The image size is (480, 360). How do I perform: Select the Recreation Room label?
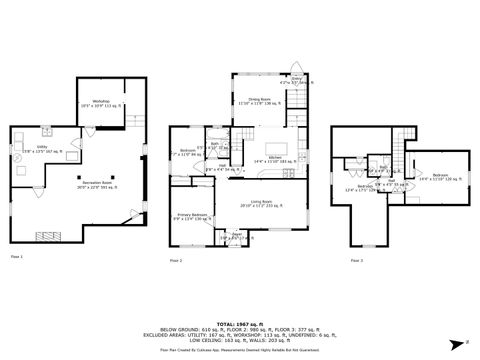coord(96,185)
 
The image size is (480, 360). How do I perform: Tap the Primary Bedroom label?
coord(193,216)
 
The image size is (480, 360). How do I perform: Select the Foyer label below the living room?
coord(237,238)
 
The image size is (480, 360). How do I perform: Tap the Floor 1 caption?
coord(16,257)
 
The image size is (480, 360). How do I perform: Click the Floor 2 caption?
coord(175,261)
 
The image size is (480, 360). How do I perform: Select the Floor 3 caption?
coord(356,261)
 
